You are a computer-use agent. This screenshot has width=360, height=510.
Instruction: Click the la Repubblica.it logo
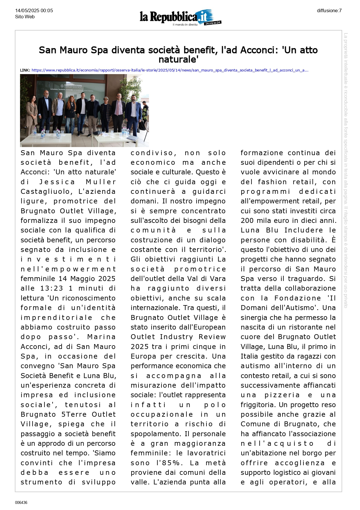[180, 17]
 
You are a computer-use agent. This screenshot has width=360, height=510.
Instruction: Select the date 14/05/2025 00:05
[34, 11]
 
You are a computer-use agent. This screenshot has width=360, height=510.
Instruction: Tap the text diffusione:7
[329, 11]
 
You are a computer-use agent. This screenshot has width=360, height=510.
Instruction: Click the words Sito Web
[25, 17]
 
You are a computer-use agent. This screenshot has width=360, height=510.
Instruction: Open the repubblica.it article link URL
[170, 70]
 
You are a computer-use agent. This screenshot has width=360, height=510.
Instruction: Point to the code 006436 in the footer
[21, 502]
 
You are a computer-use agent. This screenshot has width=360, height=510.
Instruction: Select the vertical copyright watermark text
[345, 170]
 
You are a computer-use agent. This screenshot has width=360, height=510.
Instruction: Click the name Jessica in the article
[57, 182]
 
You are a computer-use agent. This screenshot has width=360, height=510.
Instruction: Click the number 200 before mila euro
[247, 221]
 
